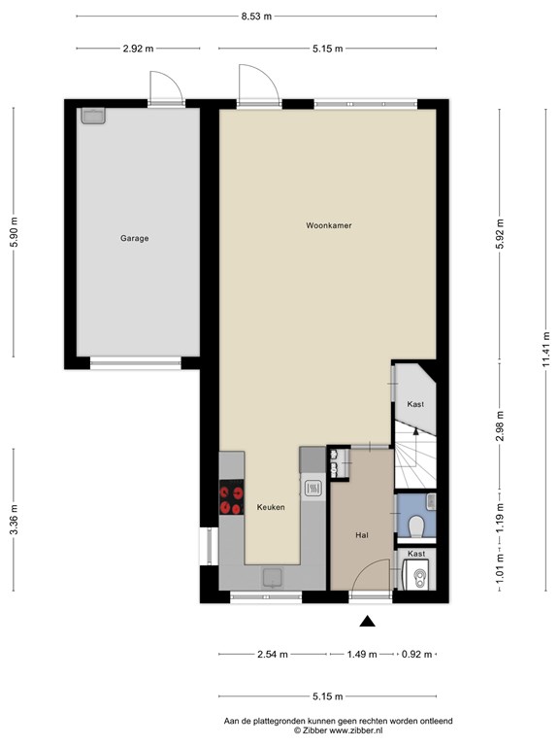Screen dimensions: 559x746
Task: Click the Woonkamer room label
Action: point(329,225)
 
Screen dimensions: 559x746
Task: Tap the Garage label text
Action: point(135,238)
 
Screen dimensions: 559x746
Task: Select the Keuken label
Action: point(271,507)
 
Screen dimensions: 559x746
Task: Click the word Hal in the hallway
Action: point(362,535)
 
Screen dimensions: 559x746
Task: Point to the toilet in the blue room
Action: point(417,526)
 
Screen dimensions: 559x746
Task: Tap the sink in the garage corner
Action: point(93,117)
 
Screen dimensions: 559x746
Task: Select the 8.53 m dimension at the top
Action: point(256,17)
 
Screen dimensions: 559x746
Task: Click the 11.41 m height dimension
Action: point(545,349)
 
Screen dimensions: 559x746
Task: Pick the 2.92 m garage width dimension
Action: point(139,48)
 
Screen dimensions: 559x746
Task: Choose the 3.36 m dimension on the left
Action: point(14,519)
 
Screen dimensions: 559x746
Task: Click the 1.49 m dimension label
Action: point(362,654)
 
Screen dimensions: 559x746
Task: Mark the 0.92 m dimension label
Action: point(417,654)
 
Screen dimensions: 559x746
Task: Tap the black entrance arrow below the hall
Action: point(367,621)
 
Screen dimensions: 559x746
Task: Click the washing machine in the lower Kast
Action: point(416,575)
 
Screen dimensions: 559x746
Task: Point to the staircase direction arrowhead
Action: point(416,431)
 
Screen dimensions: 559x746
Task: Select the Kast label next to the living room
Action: point(415,404)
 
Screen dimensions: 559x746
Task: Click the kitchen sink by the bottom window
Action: point(273,578)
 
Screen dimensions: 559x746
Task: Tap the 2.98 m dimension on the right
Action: point(500,425)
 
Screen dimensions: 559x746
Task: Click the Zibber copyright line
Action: point(338,730)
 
